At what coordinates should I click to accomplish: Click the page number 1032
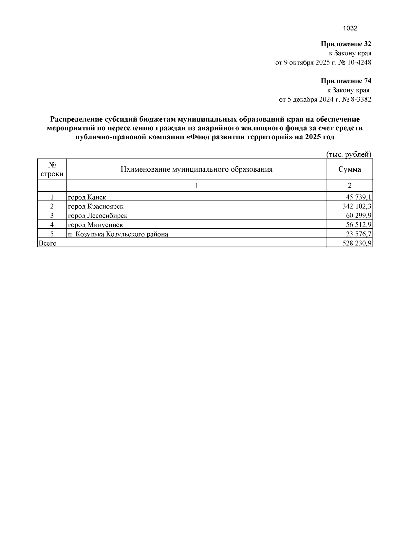click(350, 28)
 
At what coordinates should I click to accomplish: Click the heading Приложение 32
click(346, 44)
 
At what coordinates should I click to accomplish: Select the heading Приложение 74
click(346, 81)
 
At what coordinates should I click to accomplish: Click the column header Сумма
click(349, 169)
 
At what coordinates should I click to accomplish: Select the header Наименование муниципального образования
click(196, 169)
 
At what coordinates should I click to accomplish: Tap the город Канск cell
click(87, 197)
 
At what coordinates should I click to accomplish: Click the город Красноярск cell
click(96, 206)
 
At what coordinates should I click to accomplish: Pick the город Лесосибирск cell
click(98, 215)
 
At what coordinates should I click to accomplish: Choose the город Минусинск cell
click(95, 224)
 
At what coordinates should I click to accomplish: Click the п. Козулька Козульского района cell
click(118, 234)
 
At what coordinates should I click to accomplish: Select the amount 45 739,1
click(358, 197)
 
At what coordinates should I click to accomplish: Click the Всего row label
click(47, 243)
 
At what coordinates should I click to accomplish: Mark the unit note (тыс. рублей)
click(349, 154)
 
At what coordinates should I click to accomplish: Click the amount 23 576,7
click(358, 234)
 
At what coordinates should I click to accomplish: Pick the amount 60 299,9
click(358, 215)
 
